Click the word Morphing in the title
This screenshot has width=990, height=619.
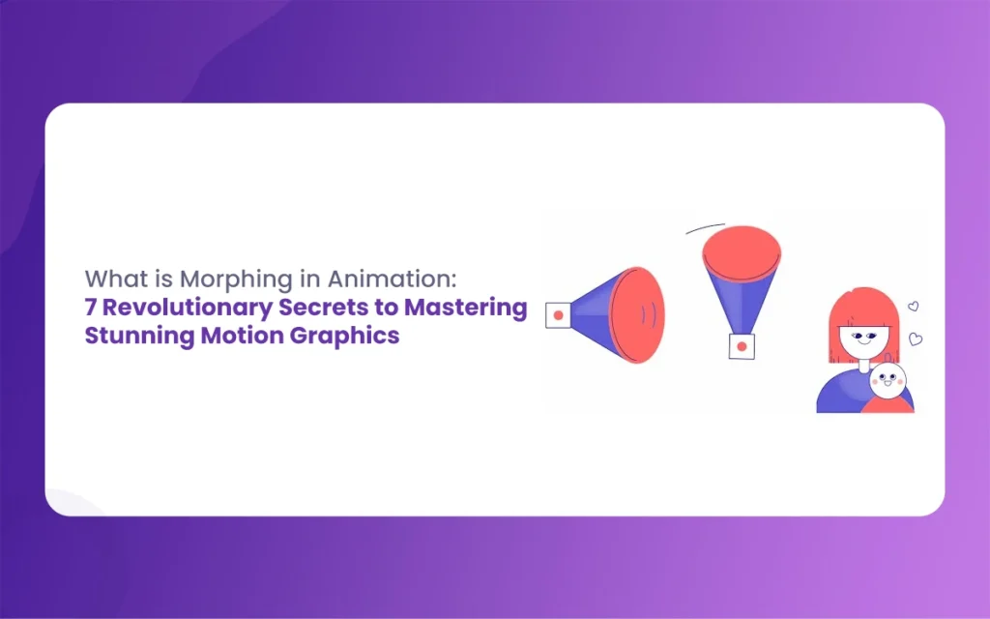click(x=236, y=280)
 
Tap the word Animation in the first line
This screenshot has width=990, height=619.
click(x=392, y=279)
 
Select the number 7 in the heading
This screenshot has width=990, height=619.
click(x=91, y=308)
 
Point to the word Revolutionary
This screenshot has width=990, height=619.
click(x=188, y=309)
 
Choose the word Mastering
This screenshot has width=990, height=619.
click(x=466, y=309)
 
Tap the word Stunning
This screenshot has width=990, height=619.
click(x=139, y=336)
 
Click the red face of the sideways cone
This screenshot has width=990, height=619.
click(x=638, y=315)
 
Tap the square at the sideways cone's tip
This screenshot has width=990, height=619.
click(x=558, y=315)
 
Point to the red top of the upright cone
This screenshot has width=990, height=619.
click(x=742, y=253)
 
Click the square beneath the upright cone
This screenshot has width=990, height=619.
click(x=742, y=347)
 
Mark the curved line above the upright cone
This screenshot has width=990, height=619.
click(x=705, y=227)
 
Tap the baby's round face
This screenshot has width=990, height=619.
click(x=888, y=380)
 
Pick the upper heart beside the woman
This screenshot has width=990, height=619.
click(x=913, y=307)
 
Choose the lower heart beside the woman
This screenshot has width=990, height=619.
click(x=916, y=339)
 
